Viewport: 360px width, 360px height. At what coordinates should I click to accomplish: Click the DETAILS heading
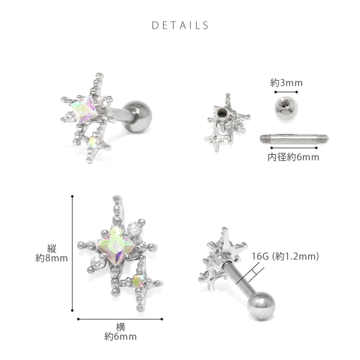(x=180, y=25)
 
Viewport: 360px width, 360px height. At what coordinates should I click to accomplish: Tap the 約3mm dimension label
(x=286, y=83)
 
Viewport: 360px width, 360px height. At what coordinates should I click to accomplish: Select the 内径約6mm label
(x=294, y=157)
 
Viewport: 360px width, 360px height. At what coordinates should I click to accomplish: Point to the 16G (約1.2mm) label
(x=285, y=256)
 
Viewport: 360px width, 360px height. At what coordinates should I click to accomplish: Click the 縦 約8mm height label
(x=51, y=253)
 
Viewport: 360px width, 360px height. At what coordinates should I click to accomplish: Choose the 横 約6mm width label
(x=120, y=332)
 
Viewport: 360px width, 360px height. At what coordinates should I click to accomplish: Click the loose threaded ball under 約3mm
(x=286, y=108)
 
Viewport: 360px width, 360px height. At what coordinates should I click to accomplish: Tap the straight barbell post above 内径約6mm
(x=294, y=139)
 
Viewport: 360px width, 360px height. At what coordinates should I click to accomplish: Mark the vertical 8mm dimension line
(x=73, y=254)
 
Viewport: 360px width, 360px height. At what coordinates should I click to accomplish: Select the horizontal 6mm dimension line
(x=120, y=319)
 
